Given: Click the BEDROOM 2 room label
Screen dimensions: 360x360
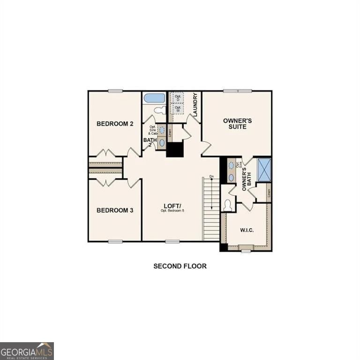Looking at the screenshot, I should [115, 124].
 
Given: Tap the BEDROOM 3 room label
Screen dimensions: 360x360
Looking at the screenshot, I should [115, 210].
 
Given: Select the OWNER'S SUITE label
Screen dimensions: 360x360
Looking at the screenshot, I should [237, 124].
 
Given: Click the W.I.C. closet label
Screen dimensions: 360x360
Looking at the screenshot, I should [247, 230].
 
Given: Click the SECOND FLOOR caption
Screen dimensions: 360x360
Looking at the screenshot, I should [180, 266].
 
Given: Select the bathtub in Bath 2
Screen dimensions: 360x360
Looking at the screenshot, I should [154, 98].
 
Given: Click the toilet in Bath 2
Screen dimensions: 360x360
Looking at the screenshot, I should [160, 111].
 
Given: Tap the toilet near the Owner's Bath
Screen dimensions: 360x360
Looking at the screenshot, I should [228, 205].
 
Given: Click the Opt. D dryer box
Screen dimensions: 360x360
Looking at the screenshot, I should [178, 98].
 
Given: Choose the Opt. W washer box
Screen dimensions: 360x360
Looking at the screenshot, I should [178, 109].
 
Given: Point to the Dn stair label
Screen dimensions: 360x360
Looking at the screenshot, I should [212, 177].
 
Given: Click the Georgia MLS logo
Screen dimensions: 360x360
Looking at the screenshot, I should [27, 351].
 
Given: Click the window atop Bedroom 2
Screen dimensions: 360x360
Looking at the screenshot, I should [115, 91].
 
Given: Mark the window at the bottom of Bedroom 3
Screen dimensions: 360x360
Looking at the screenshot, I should [115, 241].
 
